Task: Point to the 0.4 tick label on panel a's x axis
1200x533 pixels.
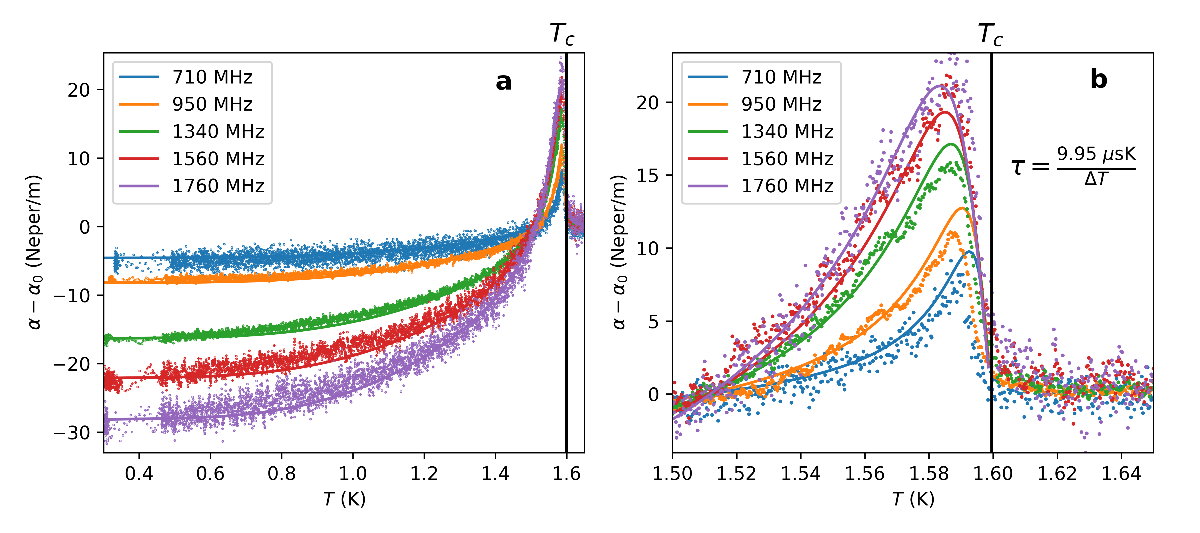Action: click(139, 474)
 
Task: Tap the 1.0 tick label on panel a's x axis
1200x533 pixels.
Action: click(353, 474)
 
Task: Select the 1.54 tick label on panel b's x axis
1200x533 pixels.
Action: click(800, 474)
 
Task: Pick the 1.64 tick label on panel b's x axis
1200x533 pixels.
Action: click(1121, 474)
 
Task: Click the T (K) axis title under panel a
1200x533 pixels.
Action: click(344, 499)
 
